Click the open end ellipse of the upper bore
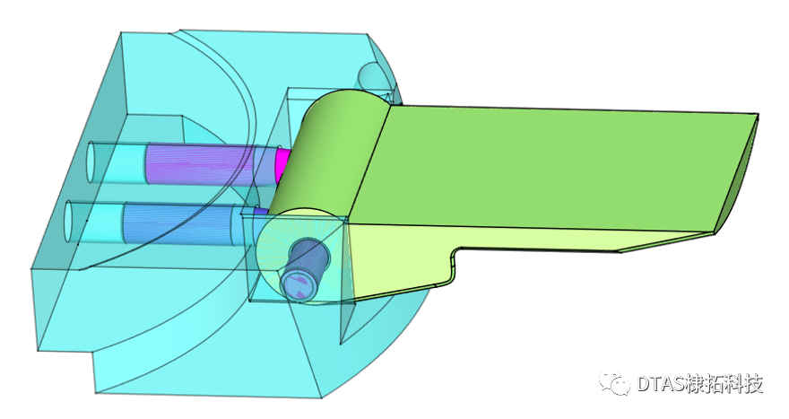91,163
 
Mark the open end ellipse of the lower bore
71,222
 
